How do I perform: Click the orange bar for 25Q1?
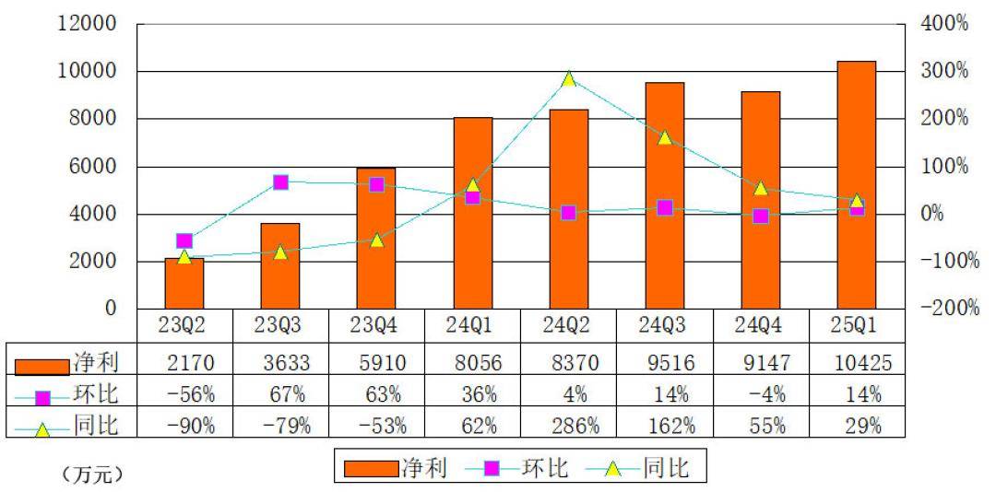[x=856, y=184]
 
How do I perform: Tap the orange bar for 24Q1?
[x=472, y=213]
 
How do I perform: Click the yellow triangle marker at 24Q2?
[x=568, y=79]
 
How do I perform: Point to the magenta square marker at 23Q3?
[x=280, y=182]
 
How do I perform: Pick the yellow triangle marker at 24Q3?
[x=664, y=138]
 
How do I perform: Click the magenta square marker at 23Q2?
[x=184, y=241]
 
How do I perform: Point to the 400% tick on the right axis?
[x=944, y=24]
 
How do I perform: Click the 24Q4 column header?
[x=760, y=326]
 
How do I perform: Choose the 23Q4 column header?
[x=376, y=326]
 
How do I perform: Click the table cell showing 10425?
[x=856, y=363]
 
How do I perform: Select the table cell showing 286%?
[x=568, y=426]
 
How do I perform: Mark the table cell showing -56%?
[x=184, y=394]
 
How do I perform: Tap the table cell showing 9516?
[x=664, y=363]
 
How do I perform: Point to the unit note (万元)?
[x=93, y=476]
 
